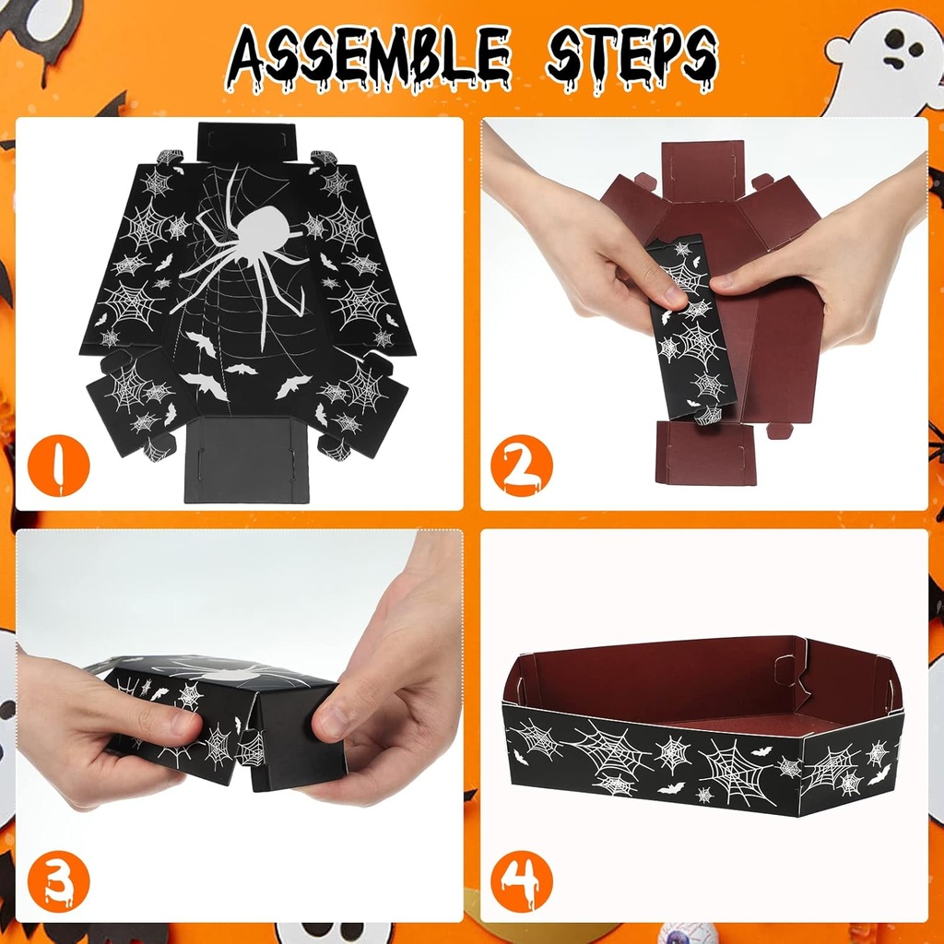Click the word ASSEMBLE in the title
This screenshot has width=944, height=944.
pyautogui.click(x=369, y=57)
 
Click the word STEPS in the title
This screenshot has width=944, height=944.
pyautogui.click(x=631, y=57)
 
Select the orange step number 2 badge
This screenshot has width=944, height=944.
pyautogui.click(x=521, y=466)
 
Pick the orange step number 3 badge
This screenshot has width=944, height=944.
pyautogui.click(x=59, y=882)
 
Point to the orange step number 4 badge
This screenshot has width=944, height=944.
pyautogui.click(x=521, y=882)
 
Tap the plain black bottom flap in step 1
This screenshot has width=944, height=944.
pyautogui.click(x=247, y=458)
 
